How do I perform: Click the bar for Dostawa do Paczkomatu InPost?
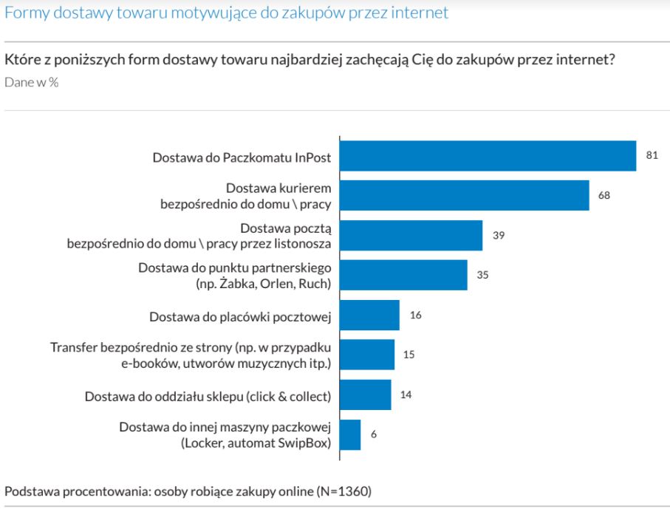point(488,156)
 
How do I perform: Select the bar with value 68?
point(464,196)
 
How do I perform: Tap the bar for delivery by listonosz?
point(411,236)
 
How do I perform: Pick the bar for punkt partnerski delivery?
point(403,275)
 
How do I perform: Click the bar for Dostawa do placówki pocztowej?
point(369,315)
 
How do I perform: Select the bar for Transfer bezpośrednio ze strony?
point(367,355)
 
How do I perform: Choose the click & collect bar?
point(365,395)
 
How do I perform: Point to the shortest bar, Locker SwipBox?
point(350,434)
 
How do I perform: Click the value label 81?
point(652,155)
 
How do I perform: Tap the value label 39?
point(498,235)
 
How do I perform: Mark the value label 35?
point(483,275)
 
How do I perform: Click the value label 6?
point(374,434)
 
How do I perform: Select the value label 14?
point(406,395)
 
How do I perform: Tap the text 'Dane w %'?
point(32,82)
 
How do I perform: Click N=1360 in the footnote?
point(343,491)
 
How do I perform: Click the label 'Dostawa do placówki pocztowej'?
point(239,316)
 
